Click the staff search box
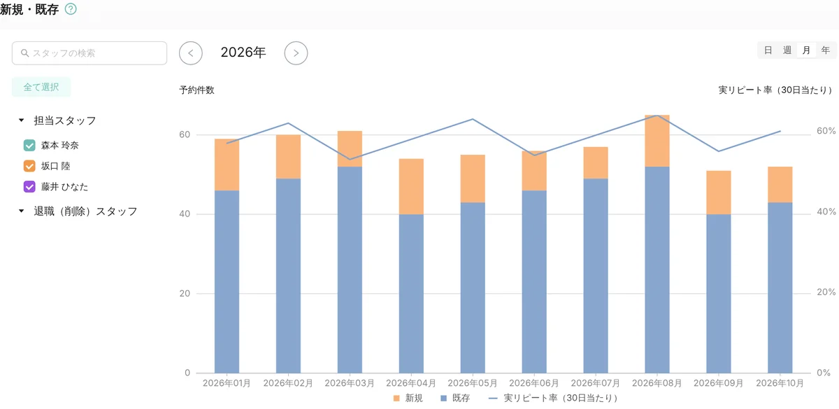89,53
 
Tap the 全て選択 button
41,87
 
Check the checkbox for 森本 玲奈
29,145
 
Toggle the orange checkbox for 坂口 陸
29,166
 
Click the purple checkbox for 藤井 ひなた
29,186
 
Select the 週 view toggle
787,50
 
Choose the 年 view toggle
826,50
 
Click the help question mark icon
71,9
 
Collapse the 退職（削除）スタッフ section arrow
22,211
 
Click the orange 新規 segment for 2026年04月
411,186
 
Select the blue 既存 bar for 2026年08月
657,270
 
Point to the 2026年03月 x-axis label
350,383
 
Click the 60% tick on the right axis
826,131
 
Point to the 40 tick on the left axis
185,214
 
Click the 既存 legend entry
455,398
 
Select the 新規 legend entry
408,398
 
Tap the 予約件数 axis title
196,90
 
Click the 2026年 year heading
243,53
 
